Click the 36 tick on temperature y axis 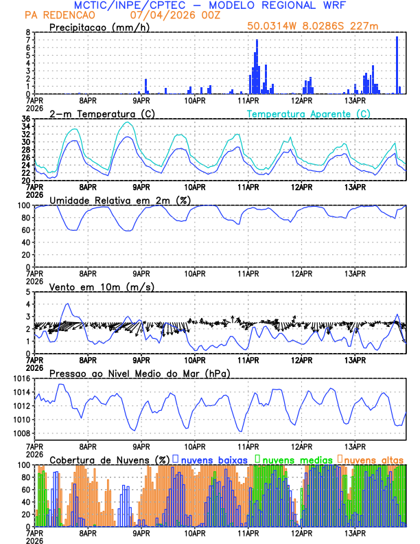point(25,120)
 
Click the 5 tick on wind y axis point(28,292)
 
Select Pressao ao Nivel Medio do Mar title point(140,373)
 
